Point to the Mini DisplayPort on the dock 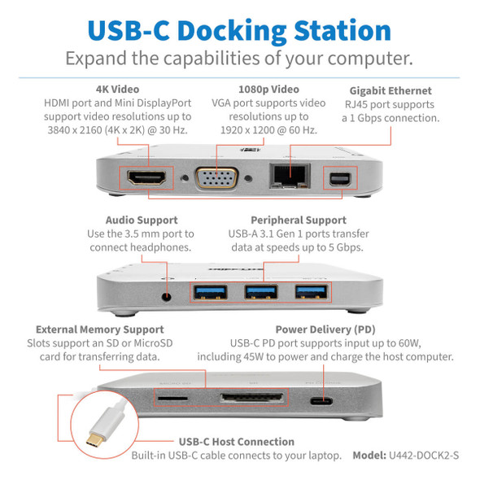[338, 179]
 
